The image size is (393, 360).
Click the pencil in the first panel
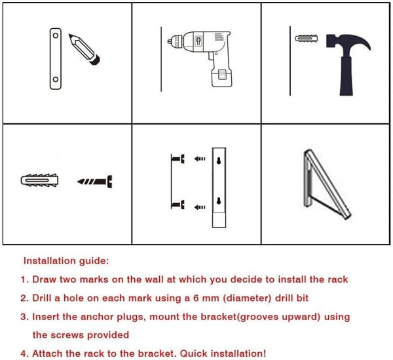point(84,49)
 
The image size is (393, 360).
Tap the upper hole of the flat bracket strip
point(56,35)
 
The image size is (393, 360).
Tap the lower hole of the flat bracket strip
point(56,79)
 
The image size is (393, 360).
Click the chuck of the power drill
point(176,41)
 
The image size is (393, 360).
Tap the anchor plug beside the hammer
point(307,39)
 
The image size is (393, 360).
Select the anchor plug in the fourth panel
point(39,180)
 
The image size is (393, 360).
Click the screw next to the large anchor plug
point(95,182)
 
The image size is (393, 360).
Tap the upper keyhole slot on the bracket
point(219,161)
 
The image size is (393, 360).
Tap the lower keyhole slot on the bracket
point(219,201)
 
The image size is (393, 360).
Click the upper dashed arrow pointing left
point(200,159)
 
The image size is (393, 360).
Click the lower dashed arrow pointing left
point(200,207)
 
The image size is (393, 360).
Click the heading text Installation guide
point(66,261)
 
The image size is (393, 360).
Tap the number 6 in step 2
point(196,298)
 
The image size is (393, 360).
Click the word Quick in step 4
point(194,353)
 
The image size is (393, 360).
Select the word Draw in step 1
point(44,279)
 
